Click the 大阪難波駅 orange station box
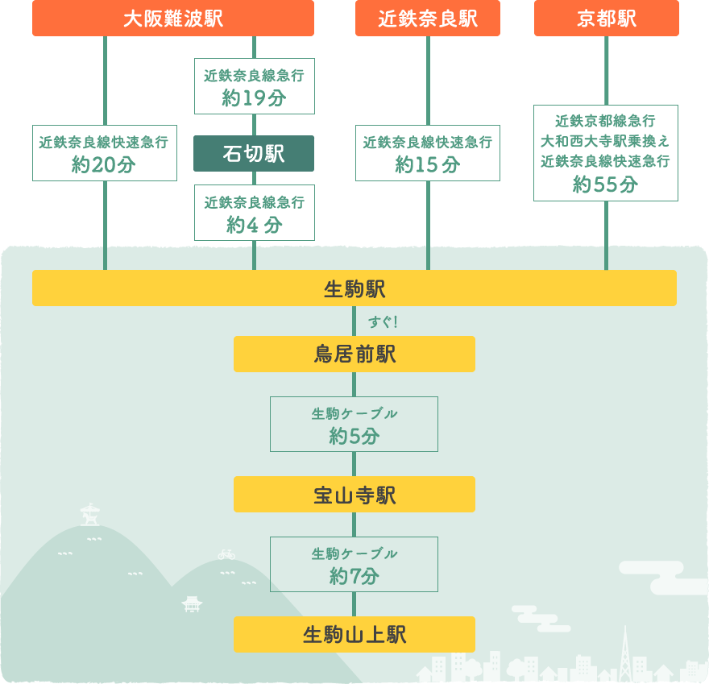[x=173, y=19]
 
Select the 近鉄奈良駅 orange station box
[x=428, y=19]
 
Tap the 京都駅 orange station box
[x=607, y=19]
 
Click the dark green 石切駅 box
[x=254, y=153]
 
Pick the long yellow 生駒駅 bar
[x=354, y=288]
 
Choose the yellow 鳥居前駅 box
[x=354, y=354]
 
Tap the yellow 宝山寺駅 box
[x=354, y=495]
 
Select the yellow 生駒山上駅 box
[x=354, y=635]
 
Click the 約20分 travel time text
[x=104, y=165]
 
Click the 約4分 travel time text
[x=254, y=225]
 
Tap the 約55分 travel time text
[x=606, y=184]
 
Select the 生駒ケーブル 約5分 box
[x=354, y=425]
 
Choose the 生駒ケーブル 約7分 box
[x=354, y=565]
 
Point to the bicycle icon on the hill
[x=226, y=554]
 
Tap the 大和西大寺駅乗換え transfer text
[x=606, y=141]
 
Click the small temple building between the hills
[x=192, y=603]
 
